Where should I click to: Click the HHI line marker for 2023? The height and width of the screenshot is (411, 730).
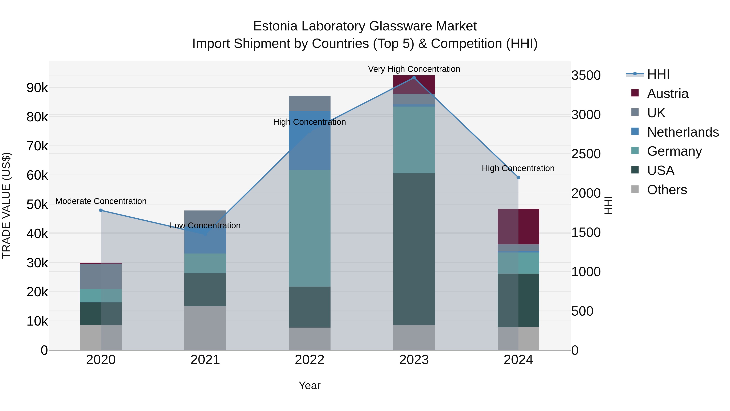414,78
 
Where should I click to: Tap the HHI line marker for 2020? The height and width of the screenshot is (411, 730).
101,210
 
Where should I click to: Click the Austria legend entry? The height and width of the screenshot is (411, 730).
667,94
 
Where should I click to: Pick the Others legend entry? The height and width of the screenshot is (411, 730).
667,190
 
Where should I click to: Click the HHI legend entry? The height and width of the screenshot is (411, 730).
658,74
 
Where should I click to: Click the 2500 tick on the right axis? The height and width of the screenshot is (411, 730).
586,154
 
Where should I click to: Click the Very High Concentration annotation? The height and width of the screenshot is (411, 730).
414,69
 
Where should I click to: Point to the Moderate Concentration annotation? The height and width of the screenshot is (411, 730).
101,201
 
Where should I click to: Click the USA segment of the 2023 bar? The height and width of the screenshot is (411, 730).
414,249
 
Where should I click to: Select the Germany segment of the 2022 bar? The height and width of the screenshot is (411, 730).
309,228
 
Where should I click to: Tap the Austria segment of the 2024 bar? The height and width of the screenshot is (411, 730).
518,227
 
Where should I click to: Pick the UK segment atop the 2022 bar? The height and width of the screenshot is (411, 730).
309,104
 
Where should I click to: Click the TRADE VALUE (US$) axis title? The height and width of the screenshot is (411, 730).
6,205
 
